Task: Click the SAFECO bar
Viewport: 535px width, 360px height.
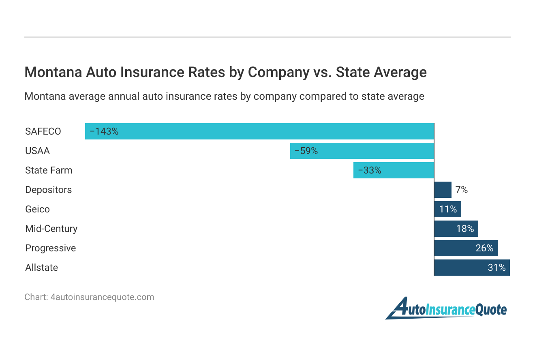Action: click(x=259, y=131)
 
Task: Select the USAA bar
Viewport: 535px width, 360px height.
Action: click(x=362, y=151)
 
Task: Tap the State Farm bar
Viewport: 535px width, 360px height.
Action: click(x=394, y=170)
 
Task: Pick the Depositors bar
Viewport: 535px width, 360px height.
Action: click(x=443, y=190)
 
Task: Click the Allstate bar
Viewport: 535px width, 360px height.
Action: click(x=472, y=268)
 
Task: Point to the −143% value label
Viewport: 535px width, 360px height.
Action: click(x=104, y=131)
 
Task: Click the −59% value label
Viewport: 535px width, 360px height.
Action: click(x=306, y=151)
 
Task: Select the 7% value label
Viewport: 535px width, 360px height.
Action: click(x=462, y=190)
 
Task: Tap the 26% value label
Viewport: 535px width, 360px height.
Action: click(x=484, y=248)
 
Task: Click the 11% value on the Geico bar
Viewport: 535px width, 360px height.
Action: click(x=448, y=209)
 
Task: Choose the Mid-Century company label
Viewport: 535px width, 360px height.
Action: click(x=51, y=229)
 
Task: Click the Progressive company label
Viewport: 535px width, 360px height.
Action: click(x=50, y=248)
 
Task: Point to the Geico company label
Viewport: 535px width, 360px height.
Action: click(x=37, y=209)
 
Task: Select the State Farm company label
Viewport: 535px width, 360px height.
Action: click(x=49, y=170)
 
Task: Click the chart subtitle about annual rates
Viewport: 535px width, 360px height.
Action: click(x=224, y=96)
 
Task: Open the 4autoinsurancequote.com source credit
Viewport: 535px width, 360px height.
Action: click(x=89, y=297)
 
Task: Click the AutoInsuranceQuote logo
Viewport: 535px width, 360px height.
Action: click(x=446, y=309)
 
